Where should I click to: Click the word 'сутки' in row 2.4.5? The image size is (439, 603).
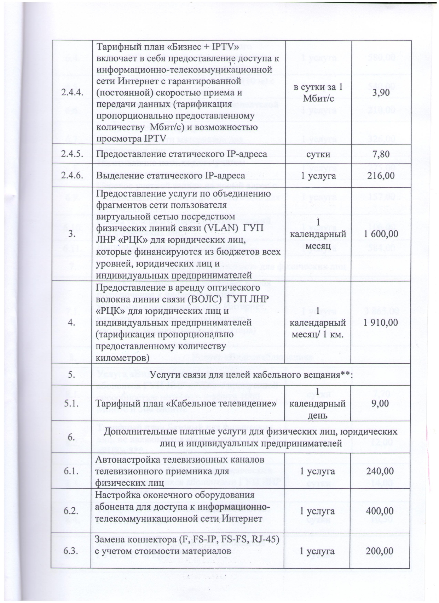pos(318,154)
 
